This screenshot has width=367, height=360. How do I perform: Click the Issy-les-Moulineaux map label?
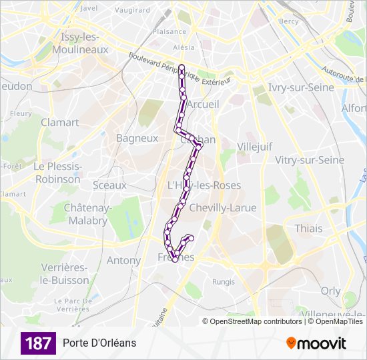tap(84, 43)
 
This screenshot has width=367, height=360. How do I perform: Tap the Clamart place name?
tap(59, 123)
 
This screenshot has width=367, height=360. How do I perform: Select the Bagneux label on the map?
tap(137, 139)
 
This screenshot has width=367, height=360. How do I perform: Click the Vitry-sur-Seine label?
tap(310, 160)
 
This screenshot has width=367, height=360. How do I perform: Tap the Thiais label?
tap(308, 228)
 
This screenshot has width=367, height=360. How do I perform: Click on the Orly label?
tap(330, 291)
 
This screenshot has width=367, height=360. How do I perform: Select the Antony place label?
tap(124, 261)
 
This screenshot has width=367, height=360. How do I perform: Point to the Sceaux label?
tap(109, 185)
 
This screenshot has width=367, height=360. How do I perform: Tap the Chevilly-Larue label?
tap(223, 208)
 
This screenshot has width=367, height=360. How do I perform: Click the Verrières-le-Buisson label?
tap(65, 273)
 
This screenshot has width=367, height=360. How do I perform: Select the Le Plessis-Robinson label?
tap(58, 173)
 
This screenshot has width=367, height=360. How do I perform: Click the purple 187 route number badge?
tap(38, 343)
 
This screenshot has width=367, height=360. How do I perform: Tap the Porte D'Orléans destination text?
tap(99, 343)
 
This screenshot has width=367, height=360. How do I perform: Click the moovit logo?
tap(316, 343)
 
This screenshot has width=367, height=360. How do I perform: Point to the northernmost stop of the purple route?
tap(181, 67)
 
